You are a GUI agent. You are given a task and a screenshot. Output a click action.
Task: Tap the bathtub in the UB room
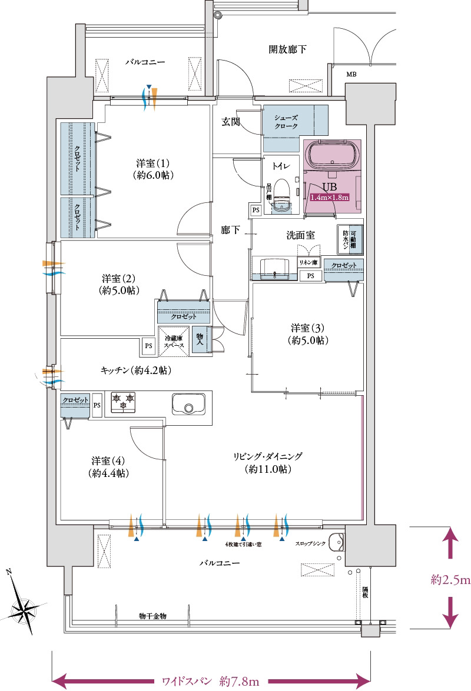pos(331,157)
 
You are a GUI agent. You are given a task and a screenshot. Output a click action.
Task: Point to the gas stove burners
pos(123,402)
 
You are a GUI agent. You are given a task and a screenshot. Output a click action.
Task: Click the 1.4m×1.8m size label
pos(330,198)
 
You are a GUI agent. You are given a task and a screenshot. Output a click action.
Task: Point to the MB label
pos(351,75)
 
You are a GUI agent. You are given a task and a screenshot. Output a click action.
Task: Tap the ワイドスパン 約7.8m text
pos(210,682)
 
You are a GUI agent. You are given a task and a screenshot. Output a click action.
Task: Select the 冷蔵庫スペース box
pos(174,342)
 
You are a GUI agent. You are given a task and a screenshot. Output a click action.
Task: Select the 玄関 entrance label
pos(230,122)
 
